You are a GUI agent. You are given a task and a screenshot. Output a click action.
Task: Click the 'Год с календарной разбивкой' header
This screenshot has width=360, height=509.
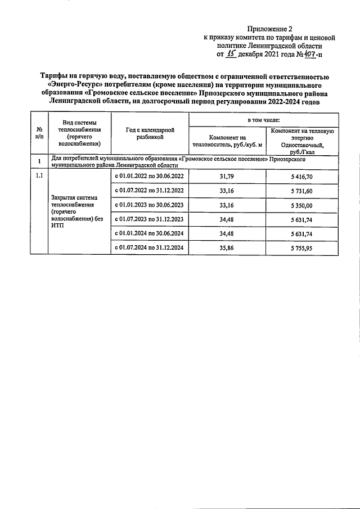pyautogui.click(x=150, y=133)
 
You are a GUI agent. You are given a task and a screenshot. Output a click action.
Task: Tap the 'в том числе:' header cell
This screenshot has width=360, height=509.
pyautogui.click(x=264, y=120)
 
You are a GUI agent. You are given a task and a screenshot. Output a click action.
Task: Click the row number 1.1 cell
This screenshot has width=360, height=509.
pyautogui.click(x=39, y=177)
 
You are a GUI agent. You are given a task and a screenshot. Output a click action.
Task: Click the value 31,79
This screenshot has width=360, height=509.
pyautogui.click(x=228, y=177)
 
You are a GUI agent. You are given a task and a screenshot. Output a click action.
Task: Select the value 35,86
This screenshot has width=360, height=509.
pyautogui.click(x=228, y=246)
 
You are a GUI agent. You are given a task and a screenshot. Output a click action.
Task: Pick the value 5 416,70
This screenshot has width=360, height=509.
pyautogui.click(x=303, y=177)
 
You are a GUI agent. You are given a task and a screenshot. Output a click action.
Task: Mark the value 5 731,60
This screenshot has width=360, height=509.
pyautogui.click(x=303, y=191)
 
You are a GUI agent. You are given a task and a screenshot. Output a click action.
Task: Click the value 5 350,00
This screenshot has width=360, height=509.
pyautogui.click(x=303, y=205)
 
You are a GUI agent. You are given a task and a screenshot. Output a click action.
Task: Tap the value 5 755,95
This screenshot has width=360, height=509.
pyautogui.click(x=303, y=246)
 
